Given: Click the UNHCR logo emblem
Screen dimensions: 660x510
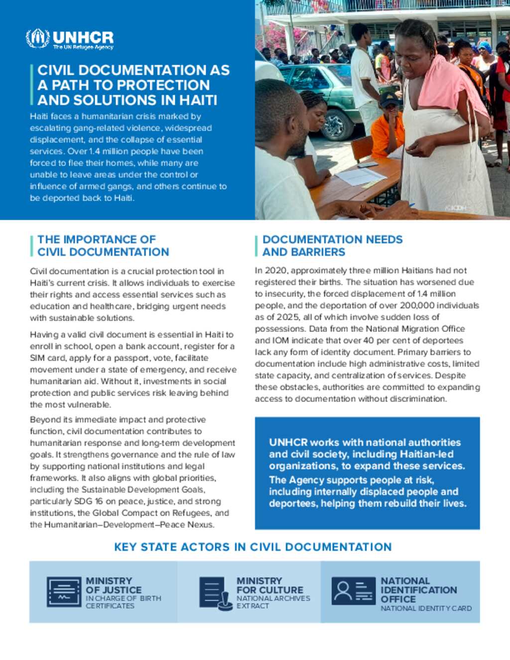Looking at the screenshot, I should pyautogui.click(x=38, y=38).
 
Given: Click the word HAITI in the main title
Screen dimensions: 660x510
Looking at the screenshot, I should pyautogui.click(x=198, y=100).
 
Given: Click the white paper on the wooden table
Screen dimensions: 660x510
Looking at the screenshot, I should pyautogui.click(x=361, y=176).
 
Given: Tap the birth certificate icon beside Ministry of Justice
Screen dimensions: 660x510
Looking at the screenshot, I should pyautogui.click(x=64, y=592).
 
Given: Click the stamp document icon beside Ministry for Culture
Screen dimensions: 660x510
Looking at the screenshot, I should pyautogui.click(x=215, y=593).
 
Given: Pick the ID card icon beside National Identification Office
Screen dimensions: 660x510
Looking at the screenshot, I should pyautogui.click(x=353, y=591).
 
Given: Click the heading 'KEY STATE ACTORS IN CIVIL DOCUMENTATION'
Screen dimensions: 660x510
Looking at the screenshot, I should pyautogui.click(x=253, y=547).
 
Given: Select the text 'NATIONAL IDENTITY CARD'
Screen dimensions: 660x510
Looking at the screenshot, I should pyautogui.click(x=426, y=608).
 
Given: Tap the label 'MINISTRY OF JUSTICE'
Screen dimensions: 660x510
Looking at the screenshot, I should pyautogui.click(x=114, y=585).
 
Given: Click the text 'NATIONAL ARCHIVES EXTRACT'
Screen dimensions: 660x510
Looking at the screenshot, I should pyautogui.click(x=273, y=602).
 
